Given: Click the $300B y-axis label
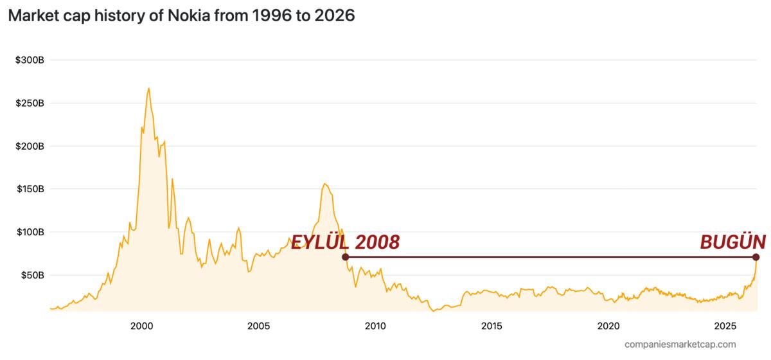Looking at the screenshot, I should pyautogui.click(x=30, y=60).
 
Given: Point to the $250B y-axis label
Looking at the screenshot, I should pyautogui.click(x=30, y=104).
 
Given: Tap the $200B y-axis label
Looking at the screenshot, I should pyautogui.click(x=30, y=147).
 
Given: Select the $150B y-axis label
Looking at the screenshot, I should pyautogui.click(x=30, y=190).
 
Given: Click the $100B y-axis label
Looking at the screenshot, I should pyautogui.click(x=30, y=232).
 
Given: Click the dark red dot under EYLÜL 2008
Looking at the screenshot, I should pyautogui.click(x=346, y=257).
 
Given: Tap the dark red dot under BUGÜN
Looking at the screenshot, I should pyautogui.click(x=756, y=257).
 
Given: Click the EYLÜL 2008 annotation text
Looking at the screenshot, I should pyautogui.click(x=346, y=242).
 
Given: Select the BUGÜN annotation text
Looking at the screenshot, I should pyautogui.click(x=732, y=242).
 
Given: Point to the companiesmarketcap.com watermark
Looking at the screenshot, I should pyautogui.click(x=680, y=345).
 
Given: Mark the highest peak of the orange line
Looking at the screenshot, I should pyautogui.click(x=148, y=88).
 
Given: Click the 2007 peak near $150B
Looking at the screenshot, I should pyautogui.click(x=324, y=184).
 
